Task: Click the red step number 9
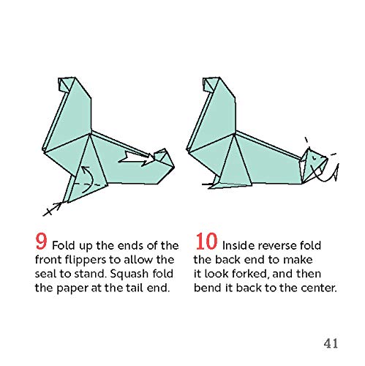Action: (23, 243)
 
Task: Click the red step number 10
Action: (207, 243)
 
